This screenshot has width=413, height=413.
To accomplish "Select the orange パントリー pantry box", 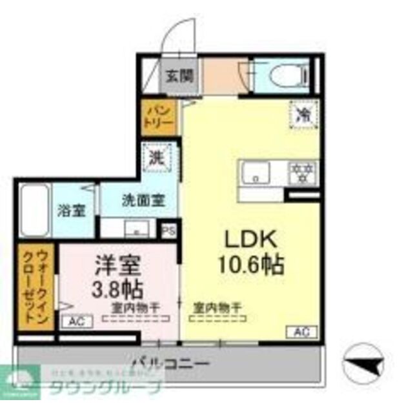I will [x=158, y=115].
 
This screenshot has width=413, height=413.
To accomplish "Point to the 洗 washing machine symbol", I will [x=157, y=156].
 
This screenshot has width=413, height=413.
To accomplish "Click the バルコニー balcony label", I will [x=170, y=365].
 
